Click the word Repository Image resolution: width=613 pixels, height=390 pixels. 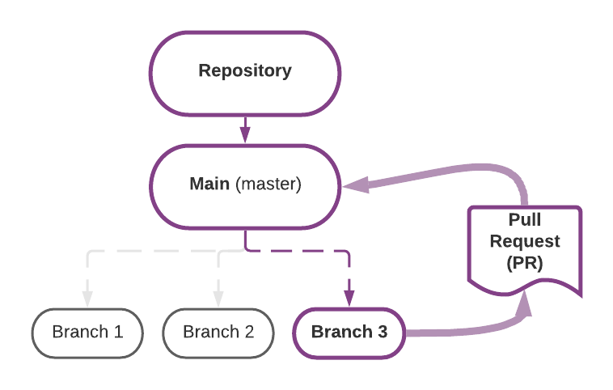(x=245, y=71)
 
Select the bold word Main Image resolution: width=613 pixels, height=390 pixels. (x=209, y=184)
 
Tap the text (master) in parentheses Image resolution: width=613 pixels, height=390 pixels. (x=268, y=184)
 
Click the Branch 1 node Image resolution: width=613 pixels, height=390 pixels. (x=87, y=333)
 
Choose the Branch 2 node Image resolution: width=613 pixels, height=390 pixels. (x=218, y=333)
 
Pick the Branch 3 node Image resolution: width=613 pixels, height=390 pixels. (x=349, y=333)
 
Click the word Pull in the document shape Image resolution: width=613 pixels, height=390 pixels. (x=525, y=219)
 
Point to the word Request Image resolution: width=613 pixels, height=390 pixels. (x=525, y=241)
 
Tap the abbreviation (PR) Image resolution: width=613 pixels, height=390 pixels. (x=525, y=263)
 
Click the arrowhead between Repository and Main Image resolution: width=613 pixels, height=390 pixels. (x=245, y=134)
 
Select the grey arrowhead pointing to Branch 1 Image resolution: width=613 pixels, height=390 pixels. (x=87, y=299)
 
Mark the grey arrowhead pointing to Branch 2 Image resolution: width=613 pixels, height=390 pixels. (x=218, y=299)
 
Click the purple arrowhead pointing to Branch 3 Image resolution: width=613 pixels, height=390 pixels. (x=349, y=299)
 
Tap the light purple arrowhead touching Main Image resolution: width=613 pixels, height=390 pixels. (x=357, y=185)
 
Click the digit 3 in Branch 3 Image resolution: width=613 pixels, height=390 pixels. (x=383, y=332)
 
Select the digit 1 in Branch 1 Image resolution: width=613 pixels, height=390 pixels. (x=119, y=332)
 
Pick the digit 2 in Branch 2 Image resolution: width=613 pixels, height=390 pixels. (x=249, y=332)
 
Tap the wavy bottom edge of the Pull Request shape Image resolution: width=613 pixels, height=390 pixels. (x=525, y=285)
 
